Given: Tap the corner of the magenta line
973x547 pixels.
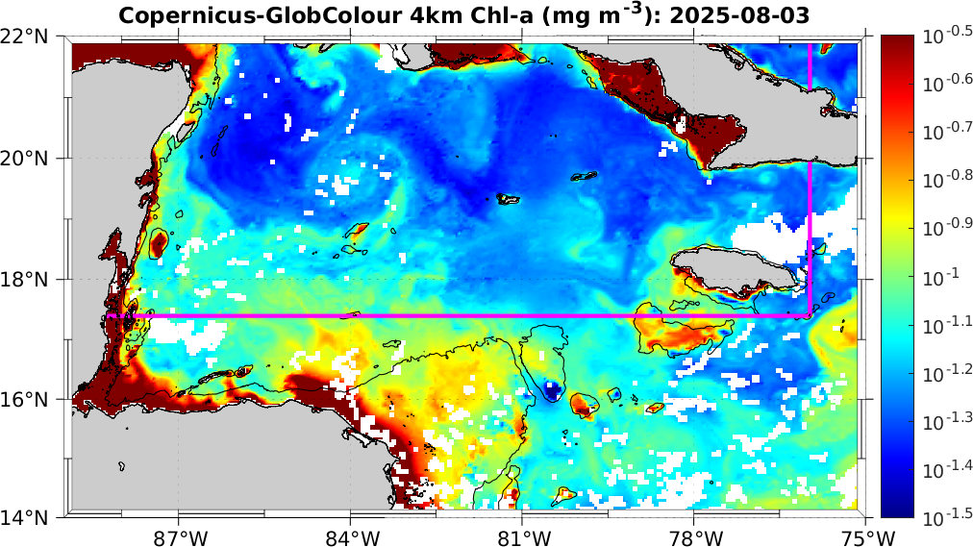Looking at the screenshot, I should (x=810, y=314).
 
